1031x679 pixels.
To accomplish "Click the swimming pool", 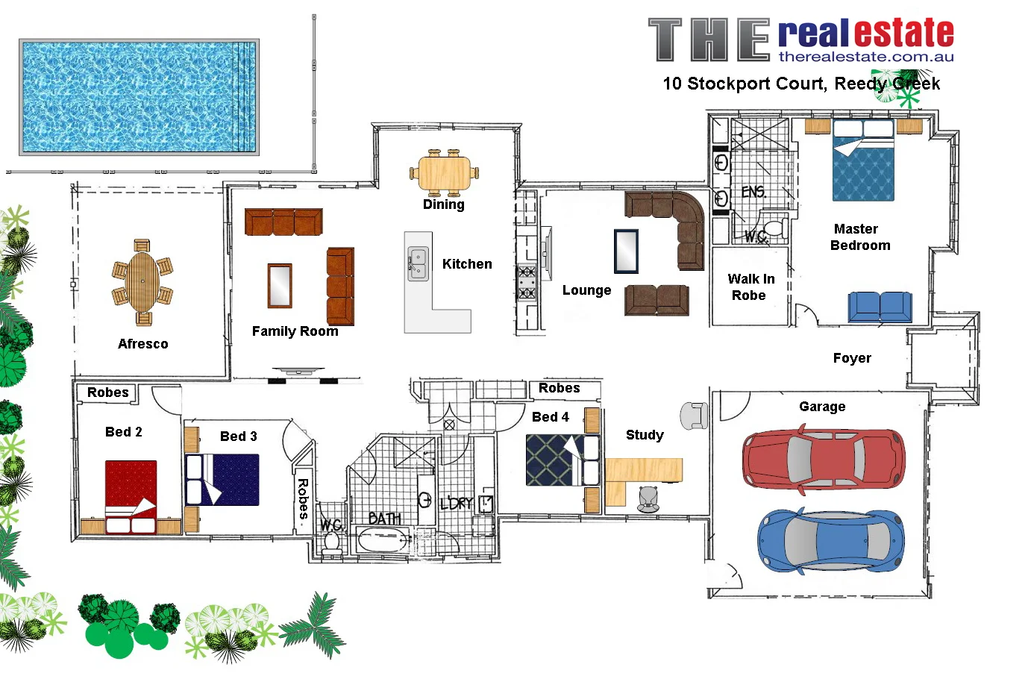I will (x=139, y=97).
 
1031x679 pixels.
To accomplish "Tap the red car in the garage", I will (x=823, y=460).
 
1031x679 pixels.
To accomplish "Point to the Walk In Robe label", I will (x=750, y=287).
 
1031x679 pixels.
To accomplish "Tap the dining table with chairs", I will (x=444, y=173).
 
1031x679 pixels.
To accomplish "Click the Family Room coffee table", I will (x=280, y=286).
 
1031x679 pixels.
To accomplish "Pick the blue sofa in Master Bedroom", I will (x=880, y=307).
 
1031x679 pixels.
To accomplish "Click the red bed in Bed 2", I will (x=131, y=495).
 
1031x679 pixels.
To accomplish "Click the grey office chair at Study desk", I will (x=648, y=498).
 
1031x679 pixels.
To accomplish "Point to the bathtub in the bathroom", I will (x=383, y=540).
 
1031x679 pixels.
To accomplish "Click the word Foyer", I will (x=852, y=358).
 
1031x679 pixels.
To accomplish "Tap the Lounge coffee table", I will (x=626, y=251).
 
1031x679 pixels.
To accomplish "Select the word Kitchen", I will (x=467, y=264).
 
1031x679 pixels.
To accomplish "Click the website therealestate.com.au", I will (x=865, y=57).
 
